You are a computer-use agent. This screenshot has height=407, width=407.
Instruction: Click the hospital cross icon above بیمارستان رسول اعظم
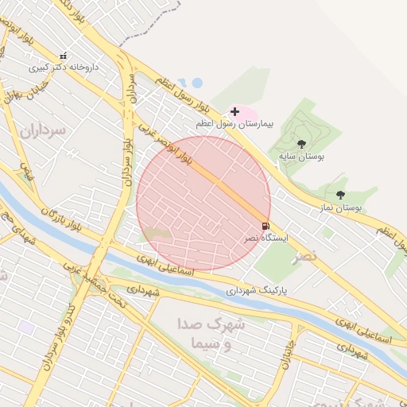(234, 111)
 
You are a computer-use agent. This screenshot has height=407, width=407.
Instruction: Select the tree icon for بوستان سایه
(301, 144)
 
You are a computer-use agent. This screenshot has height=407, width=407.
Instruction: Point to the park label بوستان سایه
(301, 157)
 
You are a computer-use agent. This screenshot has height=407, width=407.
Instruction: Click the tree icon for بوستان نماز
(340, 195)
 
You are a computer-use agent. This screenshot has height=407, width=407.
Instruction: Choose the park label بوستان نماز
(336, 207)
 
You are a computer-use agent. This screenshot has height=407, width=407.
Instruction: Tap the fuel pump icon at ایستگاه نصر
(265, 226)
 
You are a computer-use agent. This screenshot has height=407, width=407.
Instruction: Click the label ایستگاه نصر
(266, 238)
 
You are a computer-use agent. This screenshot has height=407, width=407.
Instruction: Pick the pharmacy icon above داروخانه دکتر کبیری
(64, 56)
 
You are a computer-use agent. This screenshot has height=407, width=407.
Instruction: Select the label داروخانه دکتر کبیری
(64, 68)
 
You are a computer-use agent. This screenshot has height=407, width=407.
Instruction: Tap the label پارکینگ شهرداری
(256, 291)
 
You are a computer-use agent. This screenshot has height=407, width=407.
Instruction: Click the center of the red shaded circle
(203, 203)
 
